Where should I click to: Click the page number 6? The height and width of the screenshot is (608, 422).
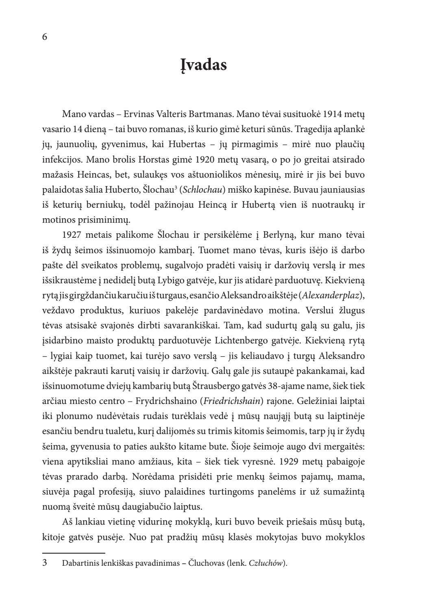point(45,37)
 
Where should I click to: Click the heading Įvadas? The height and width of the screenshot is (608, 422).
point(203,65)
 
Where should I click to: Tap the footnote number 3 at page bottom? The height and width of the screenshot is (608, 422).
point(45,563)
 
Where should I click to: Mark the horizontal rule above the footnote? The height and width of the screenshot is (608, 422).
point(74,553)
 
